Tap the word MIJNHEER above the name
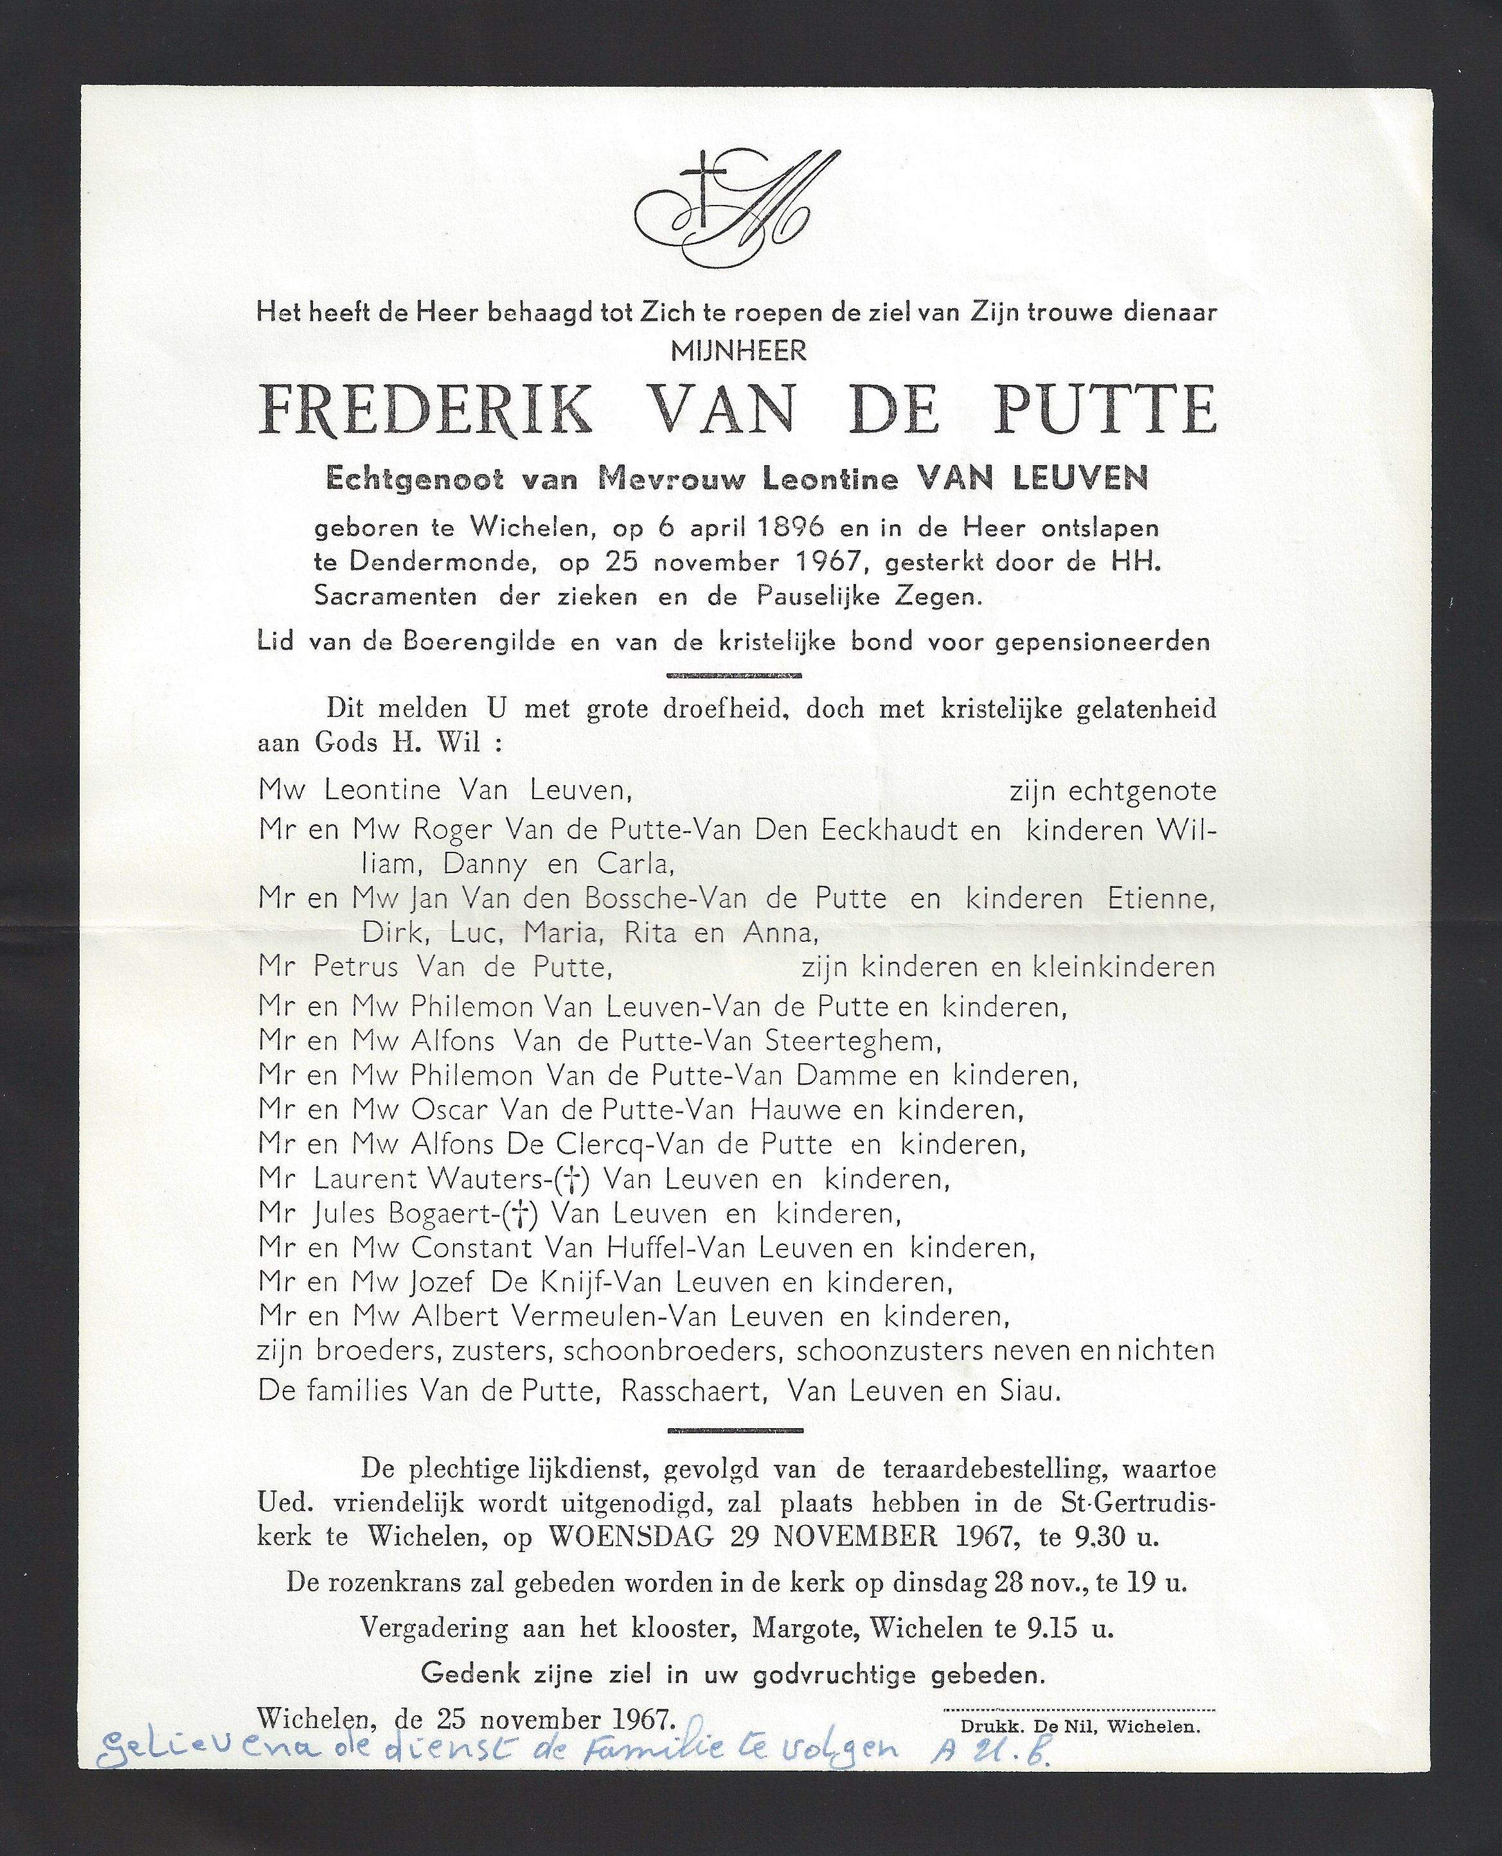coord(738,351)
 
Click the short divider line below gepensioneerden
coord(735,675)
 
